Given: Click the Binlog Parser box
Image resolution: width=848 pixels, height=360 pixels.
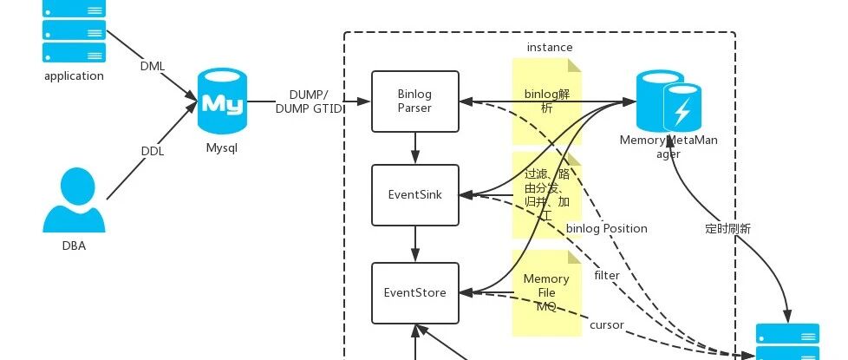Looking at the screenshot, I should coord(414,101).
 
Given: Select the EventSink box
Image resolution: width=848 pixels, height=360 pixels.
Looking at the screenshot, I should coord(414,195).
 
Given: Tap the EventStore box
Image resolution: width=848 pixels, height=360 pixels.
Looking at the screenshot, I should coord(414,293).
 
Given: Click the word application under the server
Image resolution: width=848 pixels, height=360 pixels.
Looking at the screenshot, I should coord(74,76).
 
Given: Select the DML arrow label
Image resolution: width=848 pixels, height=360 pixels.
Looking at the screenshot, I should coord(153,66).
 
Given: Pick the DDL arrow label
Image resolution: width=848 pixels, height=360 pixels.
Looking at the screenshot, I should coord(153,151).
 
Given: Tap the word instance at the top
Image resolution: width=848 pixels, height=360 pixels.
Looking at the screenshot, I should coord(550,47).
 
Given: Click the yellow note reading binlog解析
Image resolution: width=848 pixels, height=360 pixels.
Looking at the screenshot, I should coord(546,101).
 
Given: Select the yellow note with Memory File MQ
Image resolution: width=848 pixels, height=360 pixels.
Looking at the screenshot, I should coord(546,293).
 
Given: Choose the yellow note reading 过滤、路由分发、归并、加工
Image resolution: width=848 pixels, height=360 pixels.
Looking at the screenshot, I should coord(546,194).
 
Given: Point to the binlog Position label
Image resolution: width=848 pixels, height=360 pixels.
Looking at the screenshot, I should coord(607,229).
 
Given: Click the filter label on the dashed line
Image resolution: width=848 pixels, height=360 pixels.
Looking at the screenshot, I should coord(607,276).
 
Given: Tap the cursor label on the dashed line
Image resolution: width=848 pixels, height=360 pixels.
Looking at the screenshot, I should coord(606,325).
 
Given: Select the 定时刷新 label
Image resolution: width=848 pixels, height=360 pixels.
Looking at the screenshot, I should coord(728,230).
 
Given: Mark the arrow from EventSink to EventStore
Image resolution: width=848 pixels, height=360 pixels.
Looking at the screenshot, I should coord(415,244).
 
